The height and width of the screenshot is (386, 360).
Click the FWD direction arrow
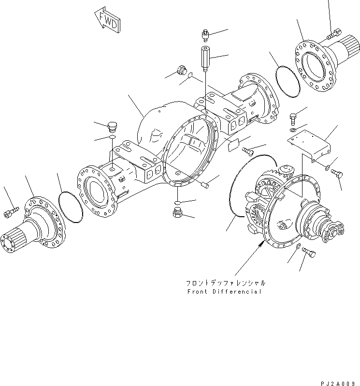pyautogui.click(x=107, y=20)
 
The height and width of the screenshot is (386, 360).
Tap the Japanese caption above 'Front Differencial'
pyautogui.click(x=225, y=283)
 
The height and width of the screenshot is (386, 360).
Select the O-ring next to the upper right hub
pyautogui.click(x=288, y=83)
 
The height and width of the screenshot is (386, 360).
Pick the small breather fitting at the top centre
pyautogui.click(x=204, y=35)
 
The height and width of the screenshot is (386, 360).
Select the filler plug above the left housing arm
pyautogui.click(x=111, y=127)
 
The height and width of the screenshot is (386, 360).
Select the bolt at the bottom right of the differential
pyautogui.click(x=310, y=252)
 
